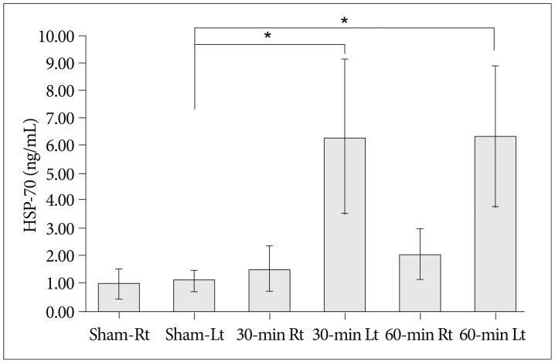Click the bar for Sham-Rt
118,297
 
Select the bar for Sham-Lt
194,295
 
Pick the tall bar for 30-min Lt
344,224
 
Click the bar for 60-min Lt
495,224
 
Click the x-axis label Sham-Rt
118,336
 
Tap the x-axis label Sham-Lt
194,336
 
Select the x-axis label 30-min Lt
344,336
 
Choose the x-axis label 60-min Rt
420,336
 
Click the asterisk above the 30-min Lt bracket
268,36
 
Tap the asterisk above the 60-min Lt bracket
344,21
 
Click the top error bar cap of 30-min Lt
344,59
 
